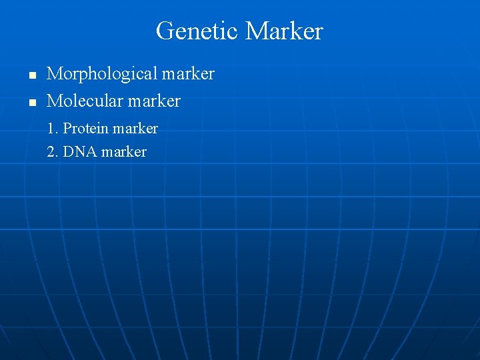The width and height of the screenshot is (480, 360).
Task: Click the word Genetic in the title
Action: click(x=197, y=31)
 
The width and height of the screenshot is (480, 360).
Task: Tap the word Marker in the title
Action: click(x=284, y=31)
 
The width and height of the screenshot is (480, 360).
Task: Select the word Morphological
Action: click(x=101, y=74)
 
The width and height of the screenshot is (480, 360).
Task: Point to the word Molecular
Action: click(x=87, y=101)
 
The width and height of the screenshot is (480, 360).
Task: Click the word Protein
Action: click(x=87, y=128)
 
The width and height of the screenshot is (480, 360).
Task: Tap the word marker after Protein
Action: click(x=136, y=128)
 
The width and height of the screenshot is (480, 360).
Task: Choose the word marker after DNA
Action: click(x=124, y=152)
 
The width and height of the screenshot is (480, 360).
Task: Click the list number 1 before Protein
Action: click(x=51, y=128)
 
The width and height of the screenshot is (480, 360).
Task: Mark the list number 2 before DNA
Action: click(x=51, y=152)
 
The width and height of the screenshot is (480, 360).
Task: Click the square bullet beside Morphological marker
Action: click(x=31, y=75)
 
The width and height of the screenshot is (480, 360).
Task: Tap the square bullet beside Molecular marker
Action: click(x=31, y=103)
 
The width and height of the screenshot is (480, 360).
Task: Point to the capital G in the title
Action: click(x=163, y=31)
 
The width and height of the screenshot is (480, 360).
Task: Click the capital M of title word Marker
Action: click(x=256, y=31)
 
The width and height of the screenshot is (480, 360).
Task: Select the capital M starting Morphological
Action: click(x=54, y=74)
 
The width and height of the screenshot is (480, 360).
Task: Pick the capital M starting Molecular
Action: click(x=54, y=101)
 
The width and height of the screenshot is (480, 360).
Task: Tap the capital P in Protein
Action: click(x=67, y=128)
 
